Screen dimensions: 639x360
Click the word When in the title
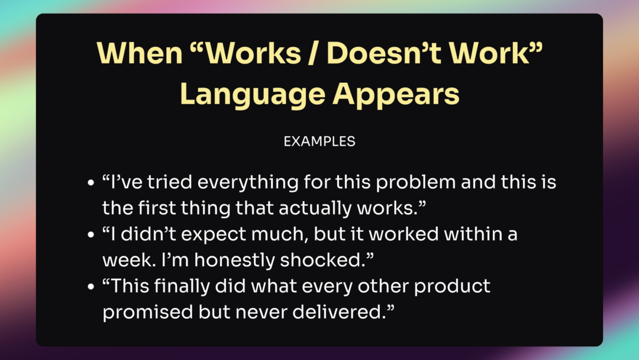click(140, 53)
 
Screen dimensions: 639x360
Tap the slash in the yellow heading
click(312, 53)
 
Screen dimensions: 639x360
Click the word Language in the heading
click(253, 95)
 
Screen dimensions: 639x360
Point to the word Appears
click(396, 95)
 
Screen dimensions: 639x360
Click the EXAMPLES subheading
click(319, 142)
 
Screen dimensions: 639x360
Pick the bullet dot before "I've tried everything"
click(91, 182)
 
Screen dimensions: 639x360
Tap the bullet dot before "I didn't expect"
click(91, 235)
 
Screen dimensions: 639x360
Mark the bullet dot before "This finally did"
click(91, 287)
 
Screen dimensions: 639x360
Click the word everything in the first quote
click(248, 182)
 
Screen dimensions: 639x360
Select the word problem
click(416, 182)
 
